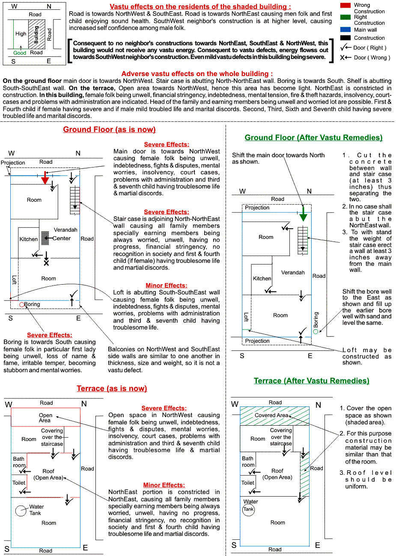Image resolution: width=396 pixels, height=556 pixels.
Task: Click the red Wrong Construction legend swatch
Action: pos(345,5)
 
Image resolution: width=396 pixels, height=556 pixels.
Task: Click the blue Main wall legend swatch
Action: pos(345,30)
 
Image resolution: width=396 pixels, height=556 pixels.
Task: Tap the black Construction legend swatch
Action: pos(345,38)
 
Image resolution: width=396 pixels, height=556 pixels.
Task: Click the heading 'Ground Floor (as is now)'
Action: pos(109,129)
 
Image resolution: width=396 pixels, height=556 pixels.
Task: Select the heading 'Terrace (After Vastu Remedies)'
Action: pos(311,381)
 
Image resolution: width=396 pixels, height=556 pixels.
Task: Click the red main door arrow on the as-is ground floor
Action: pos(45,178)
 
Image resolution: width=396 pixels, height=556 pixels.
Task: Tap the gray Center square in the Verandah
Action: pos(45,238)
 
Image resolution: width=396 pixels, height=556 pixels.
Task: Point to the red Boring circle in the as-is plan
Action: pos(22,305)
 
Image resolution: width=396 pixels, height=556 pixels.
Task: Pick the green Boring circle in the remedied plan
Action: pos(316,331)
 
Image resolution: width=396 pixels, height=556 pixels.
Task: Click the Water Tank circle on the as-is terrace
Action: pos(21,510)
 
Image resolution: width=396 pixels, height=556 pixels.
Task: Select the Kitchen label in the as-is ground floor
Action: pos(29,239)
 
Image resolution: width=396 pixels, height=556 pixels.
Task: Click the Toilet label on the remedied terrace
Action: pos(248,483)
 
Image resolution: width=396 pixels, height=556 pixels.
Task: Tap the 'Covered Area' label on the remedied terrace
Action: pos(271,415)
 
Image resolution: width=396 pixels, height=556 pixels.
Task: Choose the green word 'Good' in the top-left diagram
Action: pos(20,53)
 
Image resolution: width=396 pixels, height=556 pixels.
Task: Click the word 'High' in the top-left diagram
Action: pos(21,34)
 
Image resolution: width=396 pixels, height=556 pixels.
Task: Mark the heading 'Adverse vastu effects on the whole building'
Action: pos(197,74)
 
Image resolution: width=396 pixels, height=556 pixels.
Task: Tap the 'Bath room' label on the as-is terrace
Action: pos(19,462)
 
